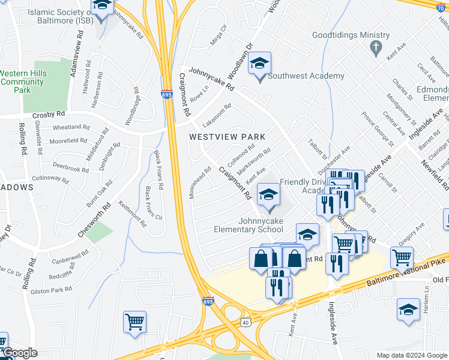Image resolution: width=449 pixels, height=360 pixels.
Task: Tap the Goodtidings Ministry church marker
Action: click(376, 47)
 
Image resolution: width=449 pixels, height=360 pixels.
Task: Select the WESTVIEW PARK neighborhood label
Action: click(227, 137)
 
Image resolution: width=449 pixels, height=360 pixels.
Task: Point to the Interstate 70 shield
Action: click(442, 5)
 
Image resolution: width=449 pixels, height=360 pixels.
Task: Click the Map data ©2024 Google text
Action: click(411, 355)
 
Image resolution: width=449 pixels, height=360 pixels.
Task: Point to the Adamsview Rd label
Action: click(74, 57)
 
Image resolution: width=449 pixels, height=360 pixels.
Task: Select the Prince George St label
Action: click(377, 129)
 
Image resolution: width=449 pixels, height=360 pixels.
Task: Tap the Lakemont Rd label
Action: click(217, 116)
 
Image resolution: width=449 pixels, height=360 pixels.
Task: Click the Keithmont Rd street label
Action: click(133, 214)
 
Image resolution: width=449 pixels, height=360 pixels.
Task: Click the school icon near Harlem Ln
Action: click(408, 310)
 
